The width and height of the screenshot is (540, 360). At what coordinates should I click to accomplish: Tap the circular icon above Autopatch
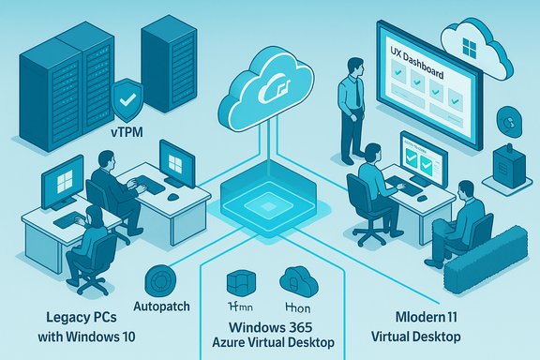[166, 278]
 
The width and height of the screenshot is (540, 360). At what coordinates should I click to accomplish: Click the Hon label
[298, 306]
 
